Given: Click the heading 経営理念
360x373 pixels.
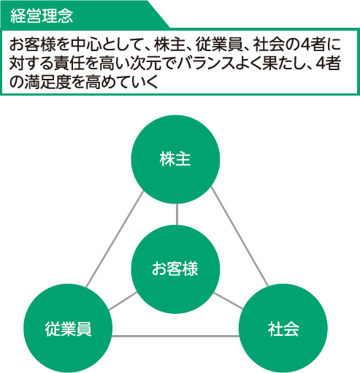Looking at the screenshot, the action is click(x=42, y=16).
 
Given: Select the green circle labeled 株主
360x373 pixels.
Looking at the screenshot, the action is click(x=175, y=159).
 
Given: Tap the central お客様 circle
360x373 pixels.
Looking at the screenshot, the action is click(x=175, y=269).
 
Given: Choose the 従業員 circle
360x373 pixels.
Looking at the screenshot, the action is click(x=68, y=328).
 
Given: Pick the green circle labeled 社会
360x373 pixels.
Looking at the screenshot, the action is click(x=283, y=328).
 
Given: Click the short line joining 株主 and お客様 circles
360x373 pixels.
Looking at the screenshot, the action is click(x=177, y=215).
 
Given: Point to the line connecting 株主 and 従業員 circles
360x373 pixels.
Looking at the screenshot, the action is click(x=115, y=239).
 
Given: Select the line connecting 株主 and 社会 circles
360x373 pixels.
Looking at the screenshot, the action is click(x=240, y=237).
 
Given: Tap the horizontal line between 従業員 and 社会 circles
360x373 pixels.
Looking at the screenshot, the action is click(x=175, y=337).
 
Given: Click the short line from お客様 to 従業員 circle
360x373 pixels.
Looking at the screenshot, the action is click(x=123, y=301).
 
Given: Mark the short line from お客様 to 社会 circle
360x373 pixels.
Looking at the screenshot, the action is click(x=228, y=301).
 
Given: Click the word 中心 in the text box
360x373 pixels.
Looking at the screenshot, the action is click(x=86, y=45).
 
